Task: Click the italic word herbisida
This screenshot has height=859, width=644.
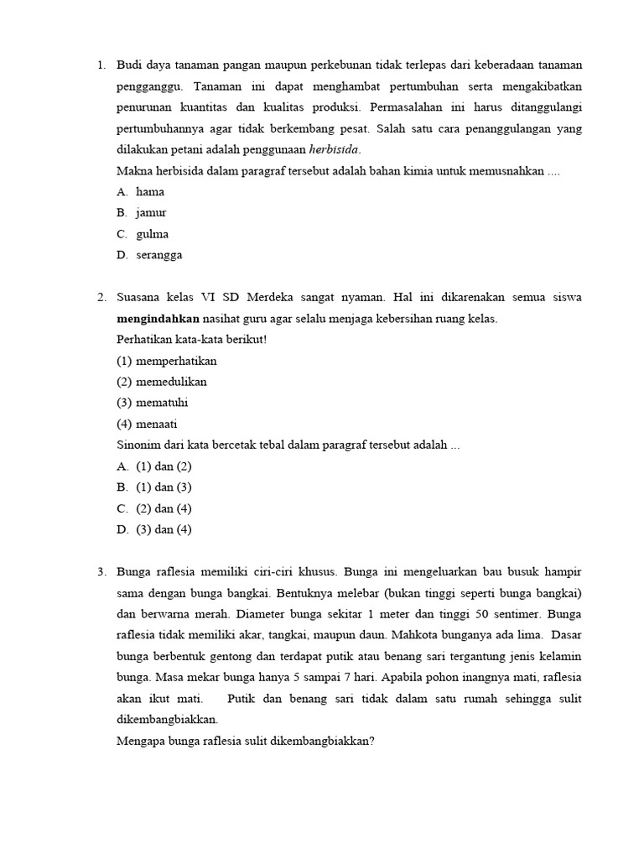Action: pyautogui.click(x=334, y=149)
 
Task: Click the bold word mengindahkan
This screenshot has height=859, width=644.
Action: pyautogui.click(x=158, y=319)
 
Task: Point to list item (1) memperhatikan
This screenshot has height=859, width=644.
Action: pyautogui.click(x=167, y=361)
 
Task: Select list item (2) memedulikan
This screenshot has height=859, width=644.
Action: pyautogui.click(x=162, y=382)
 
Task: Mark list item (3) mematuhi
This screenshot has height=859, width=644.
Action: pyautogui.click(x=153, y=403)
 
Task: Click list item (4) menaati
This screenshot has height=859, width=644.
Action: pyautogui.click(x=148, y=424)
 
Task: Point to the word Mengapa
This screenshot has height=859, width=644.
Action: pyautogui.click(x=141, y=741)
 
